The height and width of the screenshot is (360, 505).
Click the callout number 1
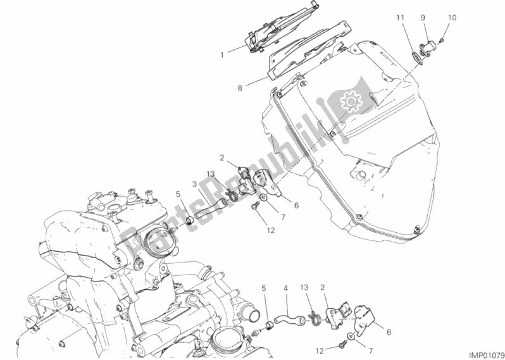tap(222, 55)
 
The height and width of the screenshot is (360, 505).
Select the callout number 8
tap(240, 87)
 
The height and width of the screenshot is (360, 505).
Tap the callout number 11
tap(400, 18)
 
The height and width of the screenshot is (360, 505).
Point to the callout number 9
tap(423, 18)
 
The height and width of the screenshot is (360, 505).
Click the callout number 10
tap(452, 18)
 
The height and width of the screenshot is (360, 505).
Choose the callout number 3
tap(194, 184)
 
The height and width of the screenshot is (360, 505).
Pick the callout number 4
tap(285, 289)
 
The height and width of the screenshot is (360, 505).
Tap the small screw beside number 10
tap(442, 40)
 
